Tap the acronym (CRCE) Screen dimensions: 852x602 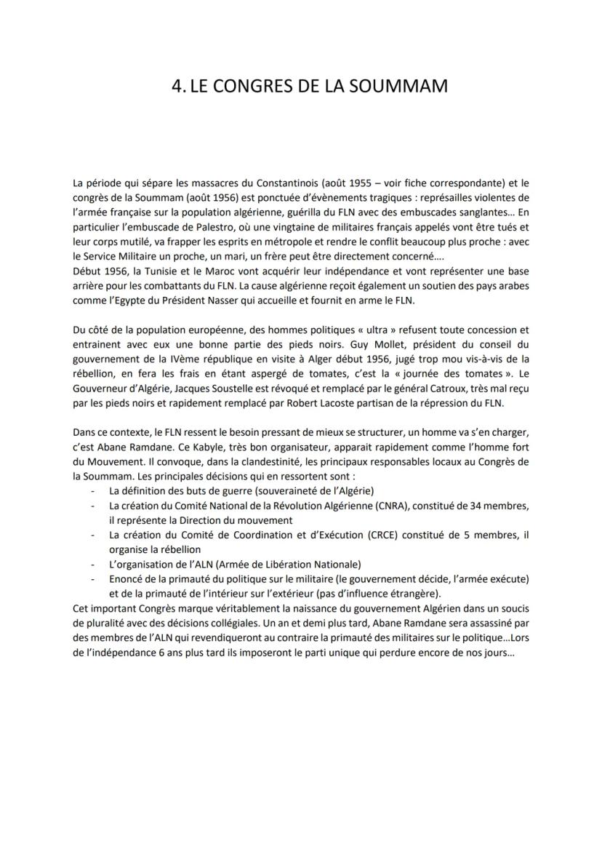361,536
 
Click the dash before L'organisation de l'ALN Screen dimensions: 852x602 92,564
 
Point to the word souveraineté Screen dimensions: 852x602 277,490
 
